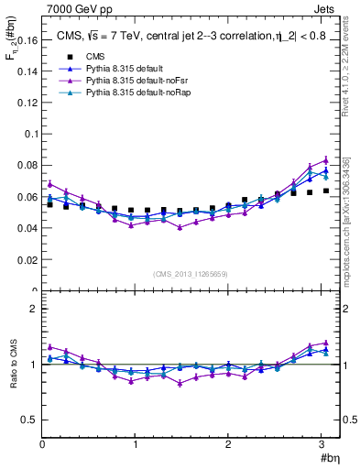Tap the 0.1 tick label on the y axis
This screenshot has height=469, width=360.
coord(31,134)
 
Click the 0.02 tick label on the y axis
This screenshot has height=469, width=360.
coord(28,261)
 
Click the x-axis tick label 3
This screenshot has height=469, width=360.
coord(322,446)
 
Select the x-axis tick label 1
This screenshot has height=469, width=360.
coord(135,446)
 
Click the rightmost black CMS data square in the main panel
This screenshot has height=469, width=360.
coord(326,191)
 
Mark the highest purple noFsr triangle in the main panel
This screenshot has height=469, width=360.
coord(325,159)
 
